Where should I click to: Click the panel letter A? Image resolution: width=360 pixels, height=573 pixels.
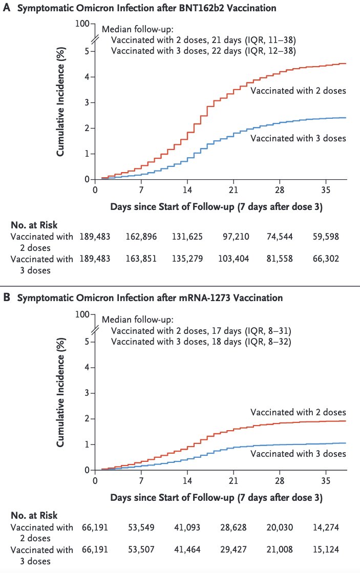7,8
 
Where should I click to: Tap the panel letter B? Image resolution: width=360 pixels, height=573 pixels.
7,298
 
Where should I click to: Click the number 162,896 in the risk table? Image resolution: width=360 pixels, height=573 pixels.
141,237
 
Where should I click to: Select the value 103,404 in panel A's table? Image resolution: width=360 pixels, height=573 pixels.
234,259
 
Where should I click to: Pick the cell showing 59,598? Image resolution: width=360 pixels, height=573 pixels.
326,237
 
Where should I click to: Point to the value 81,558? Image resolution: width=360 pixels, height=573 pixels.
280,259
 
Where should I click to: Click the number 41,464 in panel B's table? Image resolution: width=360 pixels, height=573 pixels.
187,549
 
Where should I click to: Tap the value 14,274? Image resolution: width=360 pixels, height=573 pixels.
326,527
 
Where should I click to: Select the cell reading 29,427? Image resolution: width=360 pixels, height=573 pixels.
234,549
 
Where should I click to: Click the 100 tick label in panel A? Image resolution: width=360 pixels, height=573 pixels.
82,24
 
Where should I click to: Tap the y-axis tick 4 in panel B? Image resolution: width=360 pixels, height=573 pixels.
87,367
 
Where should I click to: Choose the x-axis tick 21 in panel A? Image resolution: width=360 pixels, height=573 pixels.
233,190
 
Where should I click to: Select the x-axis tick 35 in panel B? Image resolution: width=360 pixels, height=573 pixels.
326,480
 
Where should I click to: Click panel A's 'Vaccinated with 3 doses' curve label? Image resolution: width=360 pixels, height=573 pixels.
298,138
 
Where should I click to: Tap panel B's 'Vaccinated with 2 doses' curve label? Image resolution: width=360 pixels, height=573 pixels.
298,412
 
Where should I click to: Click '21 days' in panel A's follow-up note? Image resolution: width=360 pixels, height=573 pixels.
226,40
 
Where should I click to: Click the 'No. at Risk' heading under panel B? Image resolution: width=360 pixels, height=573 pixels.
34,515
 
